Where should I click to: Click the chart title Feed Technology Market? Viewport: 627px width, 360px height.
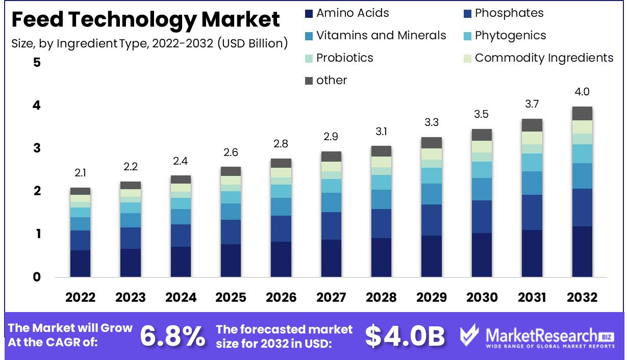145,19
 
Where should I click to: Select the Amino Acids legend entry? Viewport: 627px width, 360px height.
352,13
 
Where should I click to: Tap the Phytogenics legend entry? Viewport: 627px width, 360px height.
510,36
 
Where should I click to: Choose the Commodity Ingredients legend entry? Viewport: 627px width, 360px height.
544,58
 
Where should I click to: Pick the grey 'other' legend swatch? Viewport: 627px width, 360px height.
308,81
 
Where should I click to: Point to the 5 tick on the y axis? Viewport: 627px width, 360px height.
37,63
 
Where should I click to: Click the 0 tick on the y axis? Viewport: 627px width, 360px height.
37,277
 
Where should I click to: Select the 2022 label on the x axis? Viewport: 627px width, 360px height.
80,297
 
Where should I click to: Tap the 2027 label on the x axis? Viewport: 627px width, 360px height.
331,297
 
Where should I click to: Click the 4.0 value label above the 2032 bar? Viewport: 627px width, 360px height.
582,92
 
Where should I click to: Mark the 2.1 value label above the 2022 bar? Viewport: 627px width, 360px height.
80,173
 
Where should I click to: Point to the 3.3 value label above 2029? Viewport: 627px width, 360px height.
431,123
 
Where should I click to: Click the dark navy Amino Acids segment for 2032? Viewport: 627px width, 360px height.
582,252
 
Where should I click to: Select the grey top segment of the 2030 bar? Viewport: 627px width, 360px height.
481,135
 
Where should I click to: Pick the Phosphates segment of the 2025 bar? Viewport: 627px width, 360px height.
231,232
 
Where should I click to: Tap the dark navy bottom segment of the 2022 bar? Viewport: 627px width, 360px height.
80,264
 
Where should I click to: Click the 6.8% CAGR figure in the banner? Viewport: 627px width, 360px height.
172,336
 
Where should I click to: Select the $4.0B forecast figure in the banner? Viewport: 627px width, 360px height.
405,336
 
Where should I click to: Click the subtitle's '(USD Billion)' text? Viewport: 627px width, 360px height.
252,43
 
